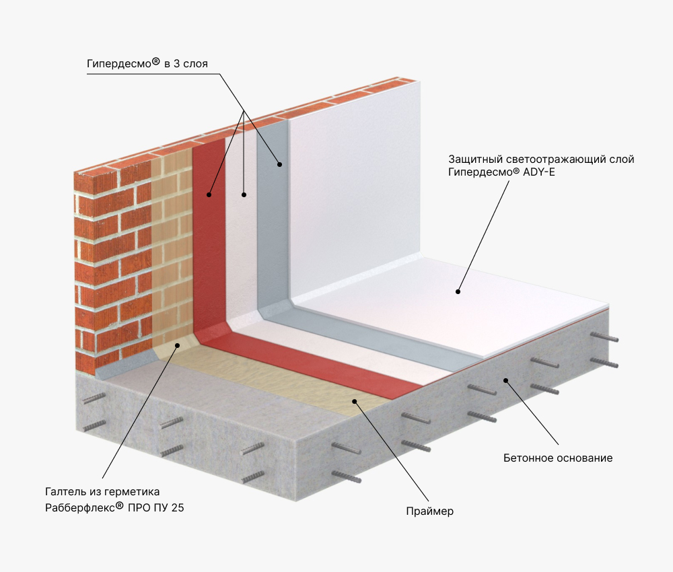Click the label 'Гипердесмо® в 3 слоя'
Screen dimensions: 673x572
pyautogui.click(x=147, y=63)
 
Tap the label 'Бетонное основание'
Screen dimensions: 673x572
pyautogui.click(x=557, y=458)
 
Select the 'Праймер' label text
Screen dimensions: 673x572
pyautogui.click(x=429, y=511)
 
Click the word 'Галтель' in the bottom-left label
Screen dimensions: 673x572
pyautogui.click(x=65, y=492)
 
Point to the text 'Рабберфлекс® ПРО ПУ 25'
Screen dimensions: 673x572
pyautogui.click(x=114, y=507)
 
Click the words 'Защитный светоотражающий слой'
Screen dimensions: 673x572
pyautogui.click(x=541, y=159)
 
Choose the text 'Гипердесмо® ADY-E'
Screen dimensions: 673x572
pyautogui.click(x=501, y=172)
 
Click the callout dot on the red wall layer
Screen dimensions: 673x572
pyautogui.click(x=209, y=194)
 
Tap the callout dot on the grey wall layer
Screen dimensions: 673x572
pyautogui.click(x=279, y=164)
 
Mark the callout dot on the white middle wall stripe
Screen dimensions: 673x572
pyautogui.click(x=244, y=194)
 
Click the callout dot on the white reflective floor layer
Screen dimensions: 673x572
pyautogui.click(x=458, y=292)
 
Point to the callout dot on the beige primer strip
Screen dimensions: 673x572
pyautogui.click(x=355, y=401)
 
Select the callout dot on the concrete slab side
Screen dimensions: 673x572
pyautogui.click(x=506, y=380)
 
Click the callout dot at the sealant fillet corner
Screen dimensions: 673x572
pyautogui.click(x=177, y=345)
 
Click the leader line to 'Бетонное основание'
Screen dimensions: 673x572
pyautogui.click(x=532, y=413)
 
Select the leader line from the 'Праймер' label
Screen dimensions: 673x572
pyautogui.click(x=392, y=451)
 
